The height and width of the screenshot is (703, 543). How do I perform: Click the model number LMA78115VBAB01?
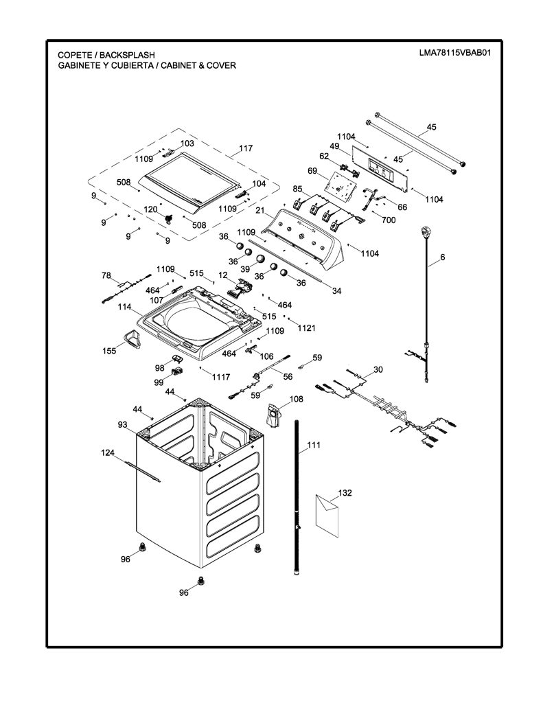454,52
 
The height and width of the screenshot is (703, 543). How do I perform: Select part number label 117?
246,148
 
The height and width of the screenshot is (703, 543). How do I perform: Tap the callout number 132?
345,493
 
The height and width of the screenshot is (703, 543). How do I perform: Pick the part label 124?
108,453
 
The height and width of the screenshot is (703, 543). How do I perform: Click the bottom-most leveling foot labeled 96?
200,580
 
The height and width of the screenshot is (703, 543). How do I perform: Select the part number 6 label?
443,257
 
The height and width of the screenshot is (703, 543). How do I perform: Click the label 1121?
307,327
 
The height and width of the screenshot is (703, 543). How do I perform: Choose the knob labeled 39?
260,259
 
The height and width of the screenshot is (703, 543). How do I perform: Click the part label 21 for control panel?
260,210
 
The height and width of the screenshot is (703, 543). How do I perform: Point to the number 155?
109,351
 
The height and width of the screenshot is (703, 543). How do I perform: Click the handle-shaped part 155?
130,338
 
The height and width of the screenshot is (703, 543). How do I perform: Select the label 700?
389,220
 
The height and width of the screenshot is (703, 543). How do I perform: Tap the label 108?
296,399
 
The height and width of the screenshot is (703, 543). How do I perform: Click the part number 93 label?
122,424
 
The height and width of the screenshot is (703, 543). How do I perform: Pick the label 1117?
221,377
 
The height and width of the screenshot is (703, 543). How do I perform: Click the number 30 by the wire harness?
378,369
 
